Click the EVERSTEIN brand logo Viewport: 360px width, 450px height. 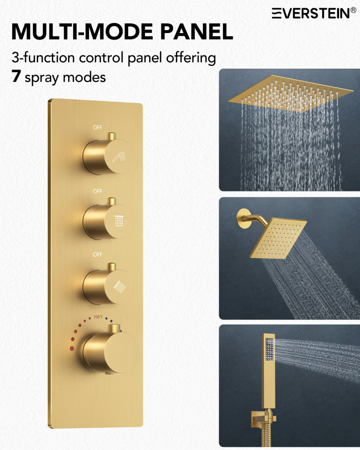(x=315, y=13)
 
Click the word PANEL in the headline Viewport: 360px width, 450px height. (x=197, y=31)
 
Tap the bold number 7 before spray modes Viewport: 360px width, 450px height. (x=16, y=76)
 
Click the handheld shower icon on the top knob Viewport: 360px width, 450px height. (x=119, y=157)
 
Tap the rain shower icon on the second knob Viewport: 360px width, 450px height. (x=119, y=221)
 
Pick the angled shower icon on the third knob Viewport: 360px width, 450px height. (x=120, y=286)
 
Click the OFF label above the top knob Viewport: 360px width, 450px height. (x=98, y=127)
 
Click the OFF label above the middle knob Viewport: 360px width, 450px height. (x=98, y=191)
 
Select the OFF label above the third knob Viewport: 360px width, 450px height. (x=98, y=255)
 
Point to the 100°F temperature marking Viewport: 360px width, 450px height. (x=98, y=317)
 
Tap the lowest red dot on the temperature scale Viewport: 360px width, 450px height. (x=71, y=348)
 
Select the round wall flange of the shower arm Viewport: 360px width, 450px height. (x=243, y=218)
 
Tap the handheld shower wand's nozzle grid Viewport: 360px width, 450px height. (x=269, y=349)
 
